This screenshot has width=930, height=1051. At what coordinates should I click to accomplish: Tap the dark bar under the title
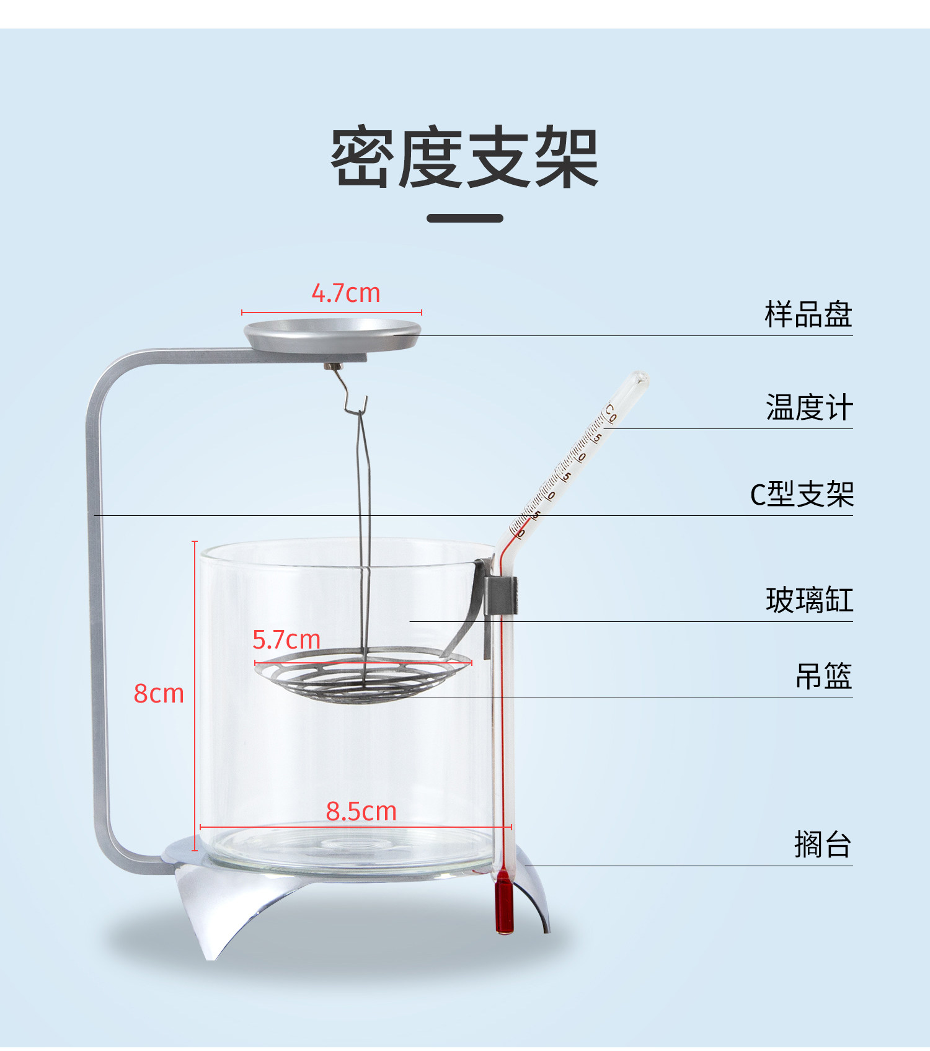coord(464,218)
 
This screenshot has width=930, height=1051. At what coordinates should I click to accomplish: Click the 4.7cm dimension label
coord(345,293)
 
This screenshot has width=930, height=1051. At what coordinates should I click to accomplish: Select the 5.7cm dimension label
coord(286,639)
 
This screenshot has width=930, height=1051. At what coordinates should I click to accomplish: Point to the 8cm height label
coord(159,693)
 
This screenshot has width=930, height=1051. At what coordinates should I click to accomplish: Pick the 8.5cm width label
coord(361,811)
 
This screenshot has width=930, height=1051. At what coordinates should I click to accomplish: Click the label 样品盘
coord(808,314)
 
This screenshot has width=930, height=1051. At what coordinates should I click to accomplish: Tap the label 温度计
coord(809,408)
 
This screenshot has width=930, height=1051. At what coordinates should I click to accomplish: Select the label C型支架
coord(802,495)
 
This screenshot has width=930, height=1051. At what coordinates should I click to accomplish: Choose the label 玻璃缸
coord(809,600)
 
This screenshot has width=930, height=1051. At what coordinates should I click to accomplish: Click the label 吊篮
coord(823,676)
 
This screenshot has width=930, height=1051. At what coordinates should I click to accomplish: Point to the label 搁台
coord(823,845)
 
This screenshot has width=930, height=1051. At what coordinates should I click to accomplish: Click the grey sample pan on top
coord(332,334)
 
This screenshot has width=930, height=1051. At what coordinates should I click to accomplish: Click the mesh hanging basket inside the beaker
coord(363,676)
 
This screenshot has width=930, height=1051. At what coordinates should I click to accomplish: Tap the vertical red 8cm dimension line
coord(195,694)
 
